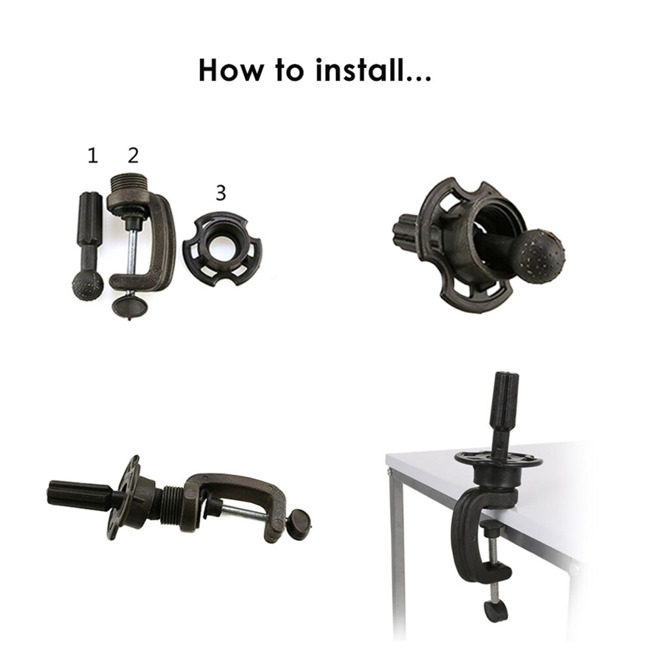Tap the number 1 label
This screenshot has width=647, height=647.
point(93,156)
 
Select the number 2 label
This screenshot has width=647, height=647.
point(133,155)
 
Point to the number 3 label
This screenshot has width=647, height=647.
point(221,193)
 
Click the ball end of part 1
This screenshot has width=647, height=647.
point(88,285)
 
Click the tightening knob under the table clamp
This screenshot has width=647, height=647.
point(495,610)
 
